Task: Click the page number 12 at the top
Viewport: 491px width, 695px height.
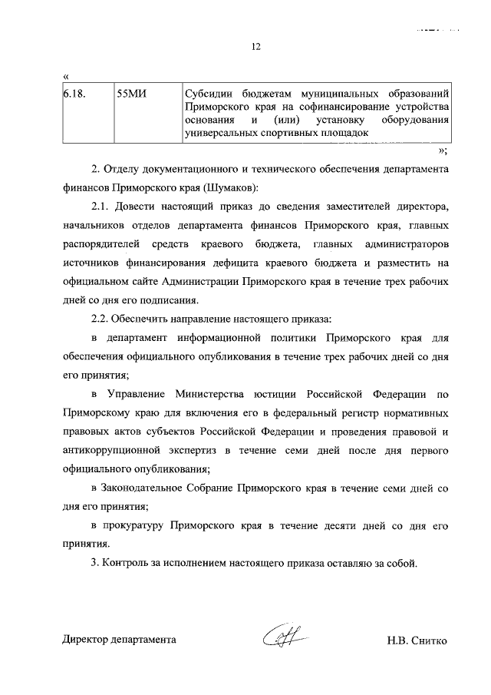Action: (x=256, y=47)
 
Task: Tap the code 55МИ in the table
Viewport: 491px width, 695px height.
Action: (x=130, y=95)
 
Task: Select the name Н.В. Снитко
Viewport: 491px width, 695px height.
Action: (x=417, y=640)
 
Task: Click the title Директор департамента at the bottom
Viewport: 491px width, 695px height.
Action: (x=119, y=640)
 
